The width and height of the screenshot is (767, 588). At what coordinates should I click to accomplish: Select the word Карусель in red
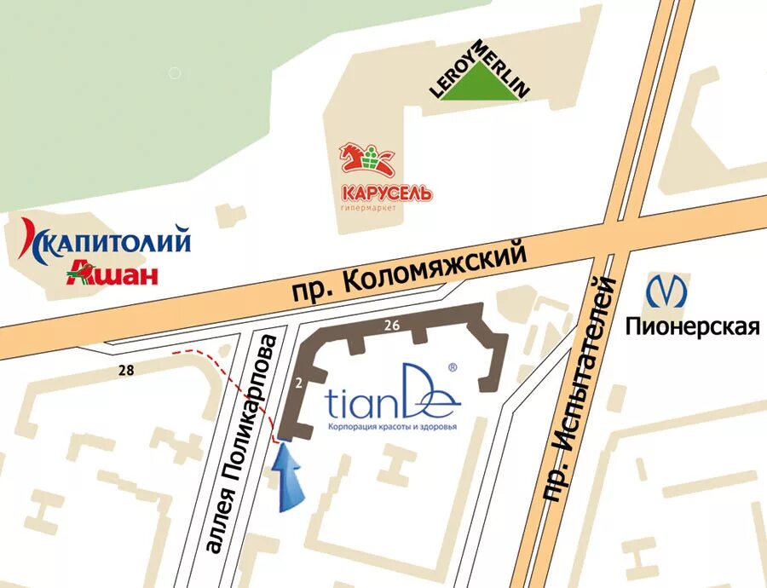pyautogui.click(x=386, y=193)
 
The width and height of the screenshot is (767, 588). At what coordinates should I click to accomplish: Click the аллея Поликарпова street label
pyautogui.click(x=242, y=444)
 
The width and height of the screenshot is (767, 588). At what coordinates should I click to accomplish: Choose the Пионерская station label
pyautogui.click(x=692, y=326)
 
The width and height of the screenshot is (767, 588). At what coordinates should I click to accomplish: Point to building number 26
pyautogui.click(x=392, y=325)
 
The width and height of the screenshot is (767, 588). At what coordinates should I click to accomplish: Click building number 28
pyautogui.click(x=126, y=369)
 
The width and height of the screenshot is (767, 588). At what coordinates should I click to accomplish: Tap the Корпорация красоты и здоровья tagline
pyautogui.click(x=393, y=425)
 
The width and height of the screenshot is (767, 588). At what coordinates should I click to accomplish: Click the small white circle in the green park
pyautogui.click(x=175, y=73)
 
